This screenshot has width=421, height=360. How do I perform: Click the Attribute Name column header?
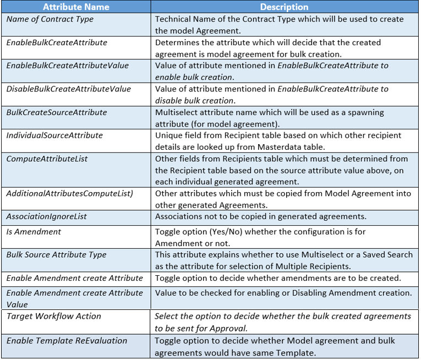76,7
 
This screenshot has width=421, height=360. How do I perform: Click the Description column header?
284,7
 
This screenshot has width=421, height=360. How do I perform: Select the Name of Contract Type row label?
50,19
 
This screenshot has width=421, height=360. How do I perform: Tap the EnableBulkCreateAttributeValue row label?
68,66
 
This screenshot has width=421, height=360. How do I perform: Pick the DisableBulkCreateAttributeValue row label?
69,89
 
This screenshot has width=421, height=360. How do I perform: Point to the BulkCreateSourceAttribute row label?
57,112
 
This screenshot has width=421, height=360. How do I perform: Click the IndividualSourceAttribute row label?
54,135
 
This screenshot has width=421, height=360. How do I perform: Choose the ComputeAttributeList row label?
47,159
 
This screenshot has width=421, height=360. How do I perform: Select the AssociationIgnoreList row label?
47,216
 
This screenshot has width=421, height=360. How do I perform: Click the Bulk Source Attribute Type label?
57,255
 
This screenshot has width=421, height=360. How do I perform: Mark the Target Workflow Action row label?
54,316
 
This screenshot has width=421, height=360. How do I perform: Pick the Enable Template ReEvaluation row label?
67,341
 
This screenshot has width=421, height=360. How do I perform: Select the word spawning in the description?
368,112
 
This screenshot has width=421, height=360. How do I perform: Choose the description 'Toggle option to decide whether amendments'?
278,278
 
